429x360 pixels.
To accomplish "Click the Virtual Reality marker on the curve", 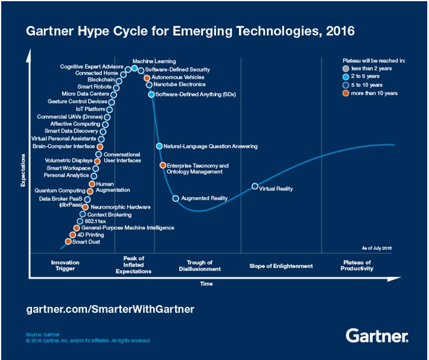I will (255, 186).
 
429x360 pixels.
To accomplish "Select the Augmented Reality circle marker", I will (176, 198).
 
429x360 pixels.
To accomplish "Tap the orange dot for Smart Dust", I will (68, 242).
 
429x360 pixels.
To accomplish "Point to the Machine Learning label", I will (154, 61).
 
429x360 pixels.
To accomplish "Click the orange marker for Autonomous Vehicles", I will (147, 78).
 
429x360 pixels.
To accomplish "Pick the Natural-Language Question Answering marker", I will (159, 147).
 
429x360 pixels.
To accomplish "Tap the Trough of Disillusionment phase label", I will (200, 266).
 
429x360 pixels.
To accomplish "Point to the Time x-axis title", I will (206, 283).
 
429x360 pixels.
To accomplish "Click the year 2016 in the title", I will (338, 30).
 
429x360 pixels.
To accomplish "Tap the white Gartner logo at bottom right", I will (377, 335).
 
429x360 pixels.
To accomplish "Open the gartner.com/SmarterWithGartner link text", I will (110, 309).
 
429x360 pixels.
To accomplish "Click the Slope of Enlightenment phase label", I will (281, 266).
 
